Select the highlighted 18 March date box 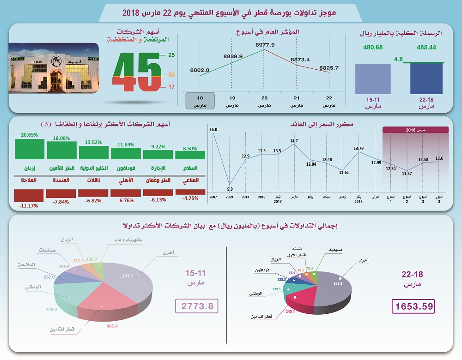coord(200,101)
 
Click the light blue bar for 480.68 coord(373,79)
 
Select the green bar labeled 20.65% coord(29,149)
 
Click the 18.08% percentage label coord(61,138)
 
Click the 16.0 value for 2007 coord(213,130)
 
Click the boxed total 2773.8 coord(196,306)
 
